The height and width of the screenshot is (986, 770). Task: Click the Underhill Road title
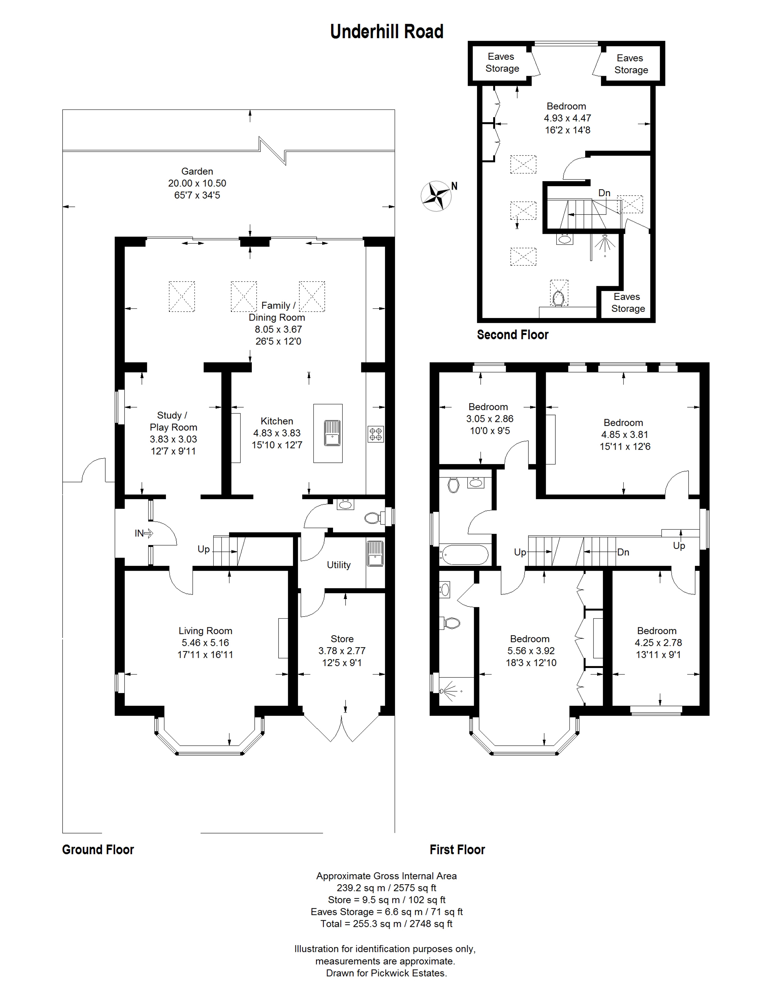[x=387, y=31]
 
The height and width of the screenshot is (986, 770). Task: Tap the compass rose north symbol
[x=437, y=196]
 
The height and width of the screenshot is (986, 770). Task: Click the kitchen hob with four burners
[x=376, y=434]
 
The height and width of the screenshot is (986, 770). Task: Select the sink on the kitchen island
[x=332, y=433]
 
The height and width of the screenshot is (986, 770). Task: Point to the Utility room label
[x=339, y=565]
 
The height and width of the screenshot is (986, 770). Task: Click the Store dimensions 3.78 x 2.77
[x=342, y=651]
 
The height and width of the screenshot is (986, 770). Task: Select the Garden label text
[x=197, y=172]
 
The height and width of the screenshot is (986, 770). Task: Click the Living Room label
[x=205, y=631]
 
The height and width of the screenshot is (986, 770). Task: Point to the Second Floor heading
[x=513, y=335]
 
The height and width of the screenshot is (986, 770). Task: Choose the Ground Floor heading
[x=98, y=850]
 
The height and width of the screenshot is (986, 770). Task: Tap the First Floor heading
[x=458, y=850]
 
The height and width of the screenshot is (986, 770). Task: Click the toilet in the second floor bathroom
[x=559, y=298]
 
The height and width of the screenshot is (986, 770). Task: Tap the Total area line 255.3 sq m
[x=387, y=924]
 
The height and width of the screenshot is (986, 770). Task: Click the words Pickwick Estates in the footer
[x=407, y=973]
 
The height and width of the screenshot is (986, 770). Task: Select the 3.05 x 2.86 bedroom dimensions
[x=490, y=418]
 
